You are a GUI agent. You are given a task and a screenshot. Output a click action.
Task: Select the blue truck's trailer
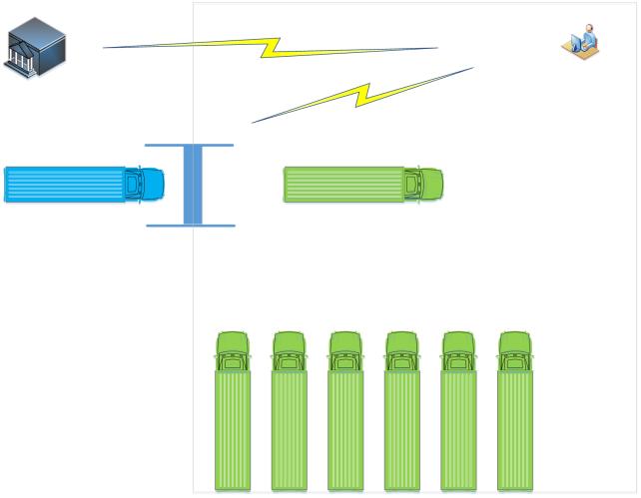[65, 185]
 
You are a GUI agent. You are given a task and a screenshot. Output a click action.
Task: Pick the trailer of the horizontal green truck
[343, 185]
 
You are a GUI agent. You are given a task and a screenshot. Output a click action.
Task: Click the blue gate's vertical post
[193, 185]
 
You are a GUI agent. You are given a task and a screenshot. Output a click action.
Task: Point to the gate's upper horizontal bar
[190, 146]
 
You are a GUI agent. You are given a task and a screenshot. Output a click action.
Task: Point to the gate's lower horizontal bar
[191, 226]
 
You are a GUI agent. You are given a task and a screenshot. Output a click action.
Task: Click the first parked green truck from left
[233, 419]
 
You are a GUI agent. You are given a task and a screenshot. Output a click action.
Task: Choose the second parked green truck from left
[290, 419]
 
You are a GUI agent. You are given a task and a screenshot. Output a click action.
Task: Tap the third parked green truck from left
[345, 419]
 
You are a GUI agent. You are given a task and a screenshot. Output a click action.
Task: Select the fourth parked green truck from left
[402, 419]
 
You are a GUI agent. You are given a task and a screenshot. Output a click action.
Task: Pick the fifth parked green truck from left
[459, 419]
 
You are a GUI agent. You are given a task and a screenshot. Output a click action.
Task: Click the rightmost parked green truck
[515, 419]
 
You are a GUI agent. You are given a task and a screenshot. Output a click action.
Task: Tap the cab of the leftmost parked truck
[233, 351]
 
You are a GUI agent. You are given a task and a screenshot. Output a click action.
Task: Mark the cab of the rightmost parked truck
[515, 351]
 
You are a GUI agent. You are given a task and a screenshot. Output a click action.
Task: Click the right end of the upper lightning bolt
[435, 48]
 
